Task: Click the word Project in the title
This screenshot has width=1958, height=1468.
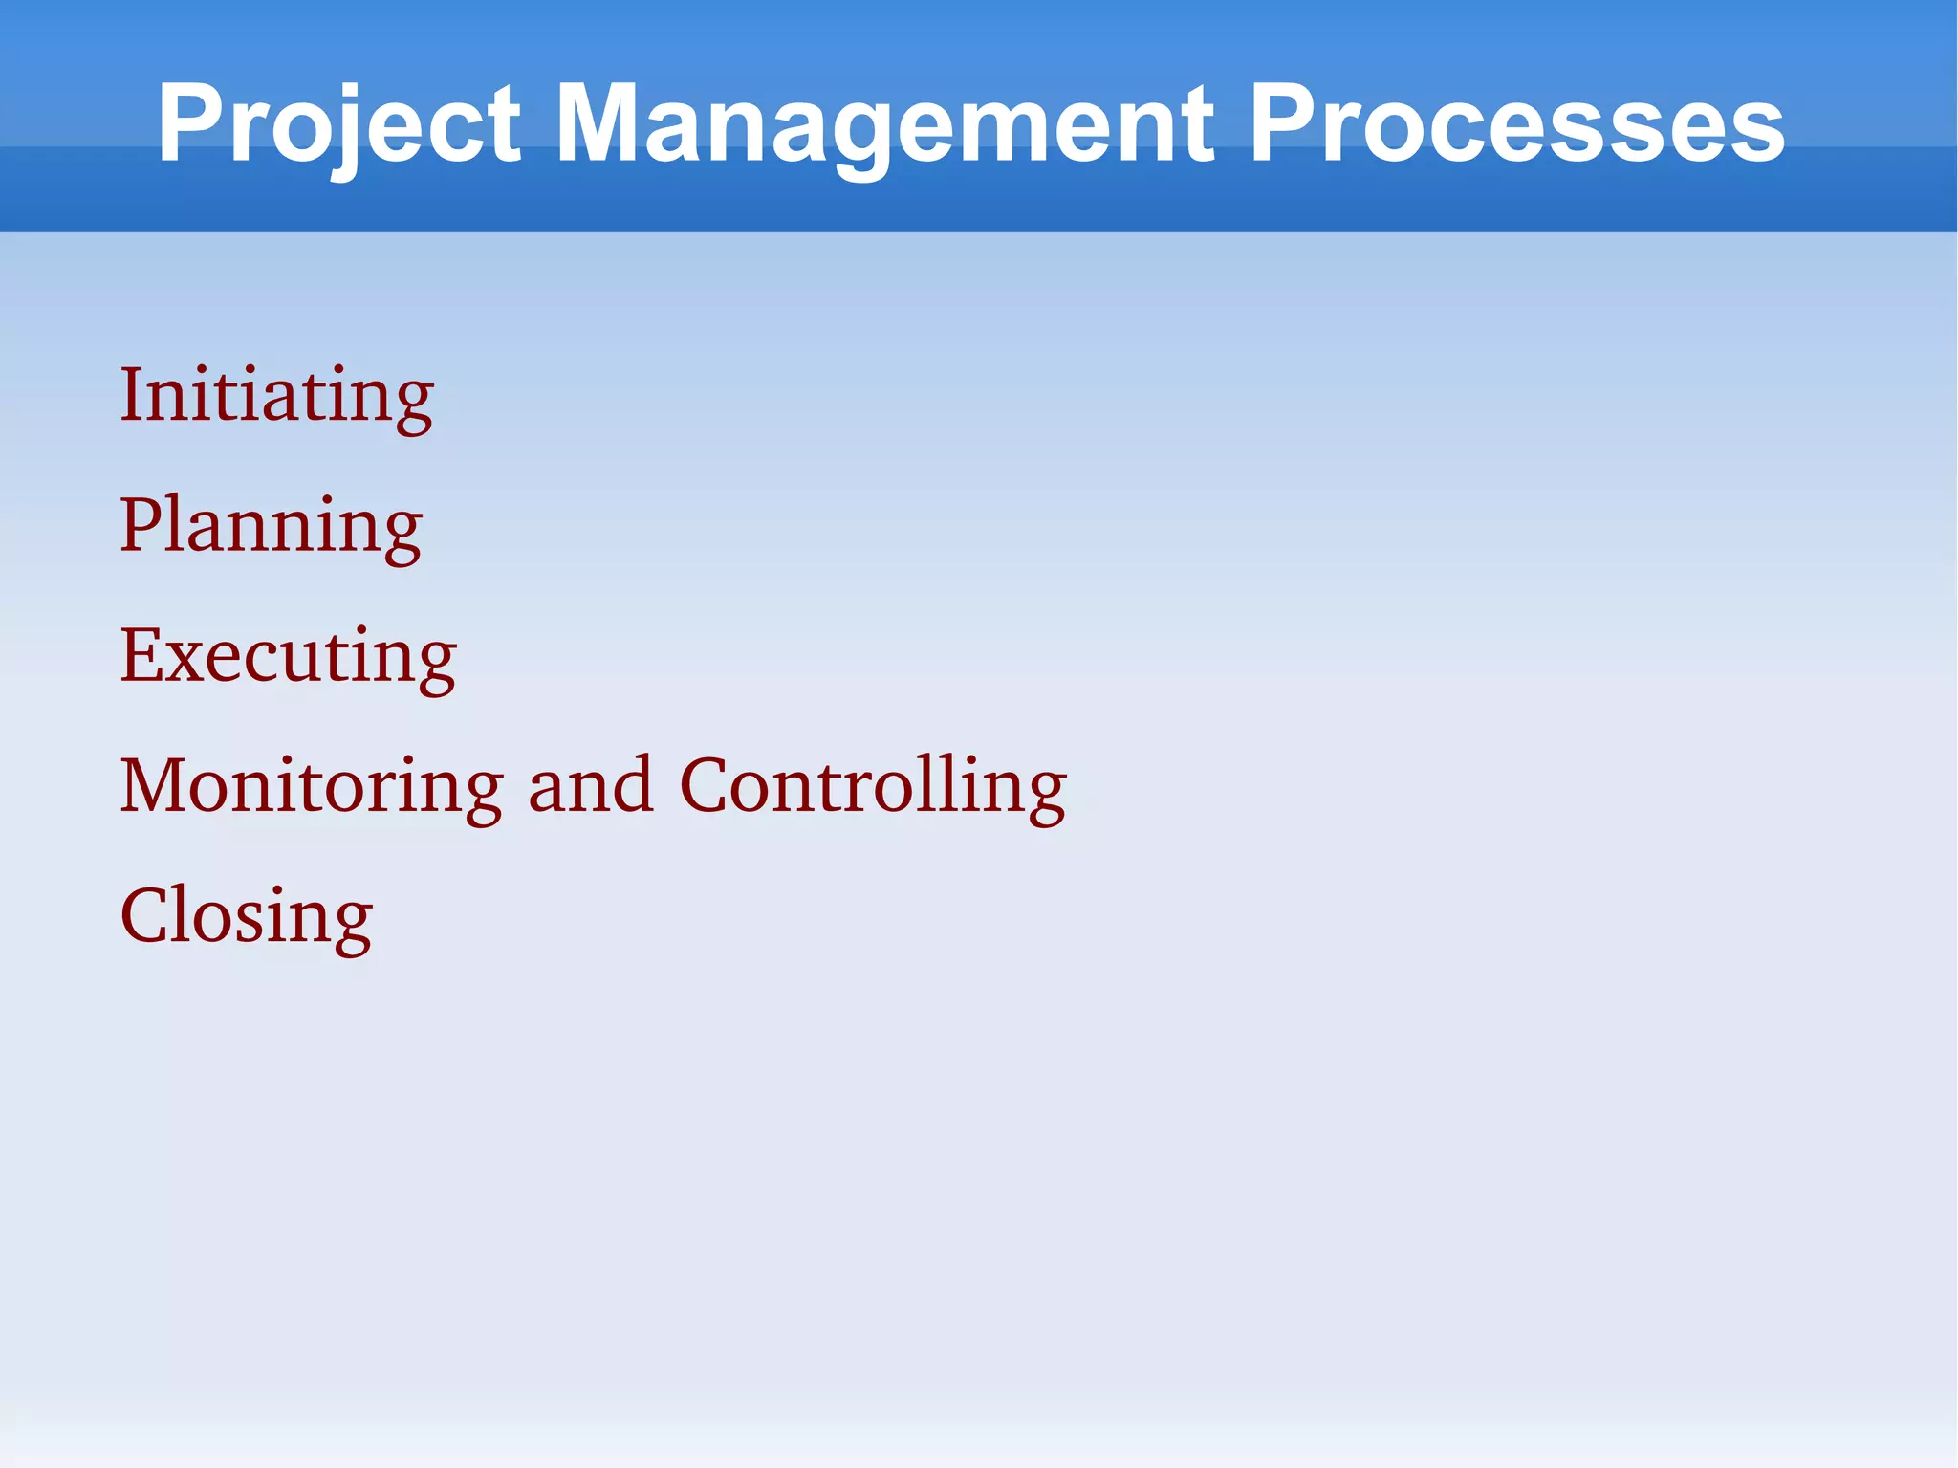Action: [x=339, y=124]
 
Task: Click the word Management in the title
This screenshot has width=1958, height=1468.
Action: [x=884, y=124]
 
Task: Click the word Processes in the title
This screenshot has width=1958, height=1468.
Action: [x=1515, y=124]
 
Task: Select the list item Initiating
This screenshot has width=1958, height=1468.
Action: [x=276, y=395]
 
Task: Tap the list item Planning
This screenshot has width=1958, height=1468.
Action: [x=271, y=526]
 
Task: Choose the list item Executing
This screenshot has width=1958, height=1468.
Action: [x=288, y=656]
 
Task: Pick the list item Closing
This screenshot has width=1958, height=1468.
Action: [x=246, y=916]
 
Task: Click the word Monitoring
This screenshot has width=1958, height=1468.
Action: [x=311, y=786]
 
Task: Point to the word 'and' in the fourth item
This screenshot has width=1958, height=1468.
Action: [x=590, y=786]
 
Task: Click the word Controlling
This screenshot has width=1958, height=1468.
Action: [x=872, y=786]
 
